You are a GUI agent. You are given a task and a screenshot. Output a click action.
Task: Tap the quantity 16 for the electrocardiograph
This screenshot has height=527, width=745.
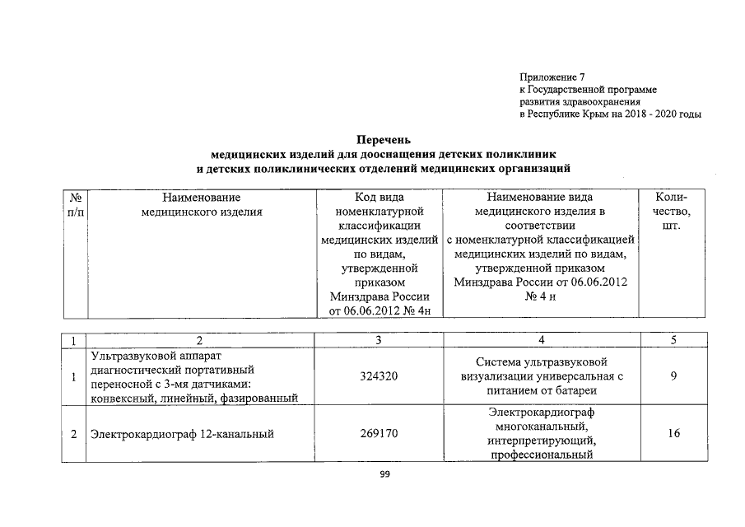(673, 433)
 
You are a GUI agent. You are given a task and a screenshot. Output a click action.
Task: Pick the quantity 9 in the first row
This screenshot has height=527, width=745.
(673, 377)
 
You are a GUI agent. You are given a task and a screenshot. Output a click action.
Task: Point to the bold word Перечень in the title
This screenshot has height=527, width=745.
(383, 139)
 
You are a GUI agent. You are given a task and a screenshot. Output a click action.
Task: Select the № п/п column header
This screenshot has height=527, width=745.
(75, 205)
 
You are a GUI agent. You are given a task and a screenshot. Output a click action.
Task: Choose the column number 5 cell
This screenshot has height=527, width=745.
(673, 340)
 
